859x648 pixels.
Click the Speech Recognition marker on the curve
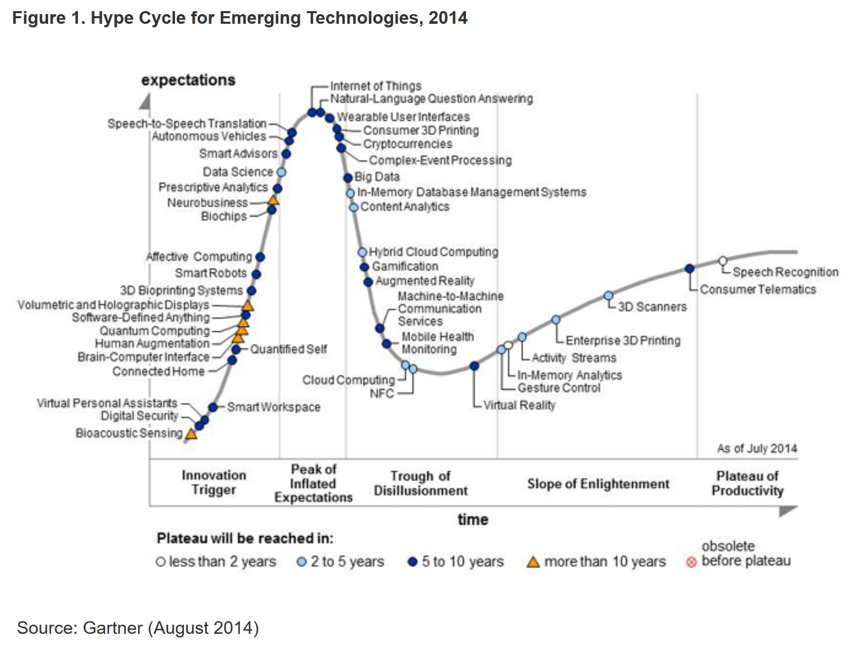coord(723,261)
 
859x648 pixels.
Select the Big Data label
coord(377,177)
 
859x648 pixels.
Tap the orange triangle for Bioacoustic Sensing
coord(191,434)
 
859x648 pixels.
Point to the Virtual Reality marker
coord(474,366)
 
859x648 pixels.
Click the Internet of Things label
coord(375,86)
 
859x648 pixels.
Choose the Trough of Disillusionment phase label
coord(420,483)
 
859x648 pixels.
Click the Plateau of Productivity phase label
coord(747,483)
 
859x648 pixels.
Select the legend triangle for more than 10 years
coord(533,562)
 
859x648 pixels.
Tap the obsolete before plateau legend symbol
coord(691,563)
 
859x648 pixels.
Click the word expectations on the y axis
coord(188,80)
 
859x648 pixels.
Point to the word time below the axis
coord(473,520)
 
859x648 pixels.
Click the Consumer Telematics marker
coord(689,269)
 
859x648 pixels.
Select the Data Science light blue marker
coord(281,172)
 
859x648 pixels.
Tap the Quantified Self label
coord(288,349)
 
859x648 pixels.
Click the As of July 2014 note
coord(756,448)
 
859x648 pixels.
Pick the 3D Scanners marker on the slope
coord(609,295)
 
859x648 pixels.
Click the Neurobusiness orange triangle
coord(273,200)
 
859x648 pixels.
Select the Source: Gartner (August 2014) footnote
coord(138,628)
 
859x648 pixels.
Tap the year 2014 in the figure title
coord(448,18)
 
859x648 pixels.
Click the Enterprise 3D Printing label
coord(623,340)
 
